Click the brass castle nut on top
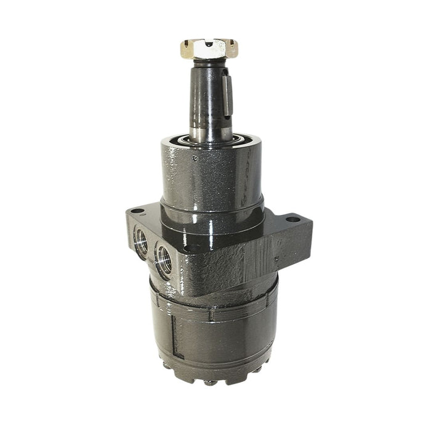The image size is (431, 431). pyautogui.click(x=209, y=49)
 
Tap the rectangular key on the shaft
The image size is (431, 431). pyautogui.click(x=226, y=92)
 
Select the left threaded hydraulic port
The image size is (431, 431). pyautogui.click(x=140, y=242)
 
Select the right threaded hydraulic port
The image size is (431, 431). pyautogui.click(x=164, y=259)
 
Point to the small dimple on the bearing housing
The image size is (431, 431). pyautogui.click(x=195, y=158)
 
